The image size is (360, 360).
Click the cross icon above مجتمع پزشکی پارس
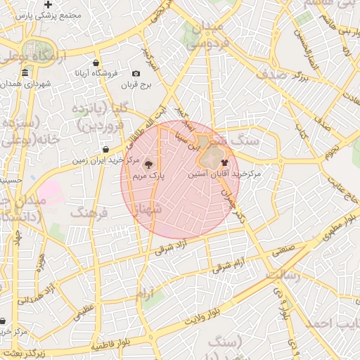click(48, 4)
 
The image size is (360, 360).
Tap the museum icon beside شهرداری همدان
click(25, 74)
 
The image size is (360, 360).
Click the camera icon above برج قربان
click(136, 74)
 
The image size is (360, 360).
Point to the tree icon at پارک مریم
click(155, 165)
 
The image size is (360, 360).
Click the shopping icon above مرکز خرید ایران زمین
click(105, 150)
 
